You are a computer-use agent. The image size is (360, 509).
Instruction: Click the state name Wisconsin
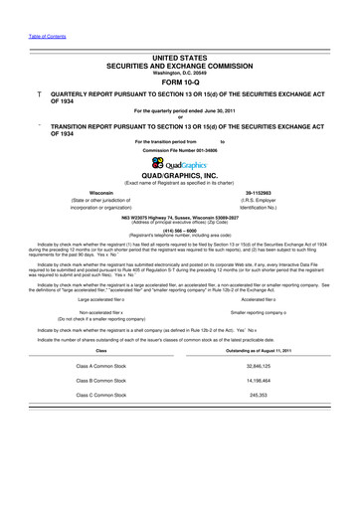(101, 193)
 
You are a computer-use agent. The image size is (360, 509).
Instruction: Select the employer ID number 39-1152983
(261, 193)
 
